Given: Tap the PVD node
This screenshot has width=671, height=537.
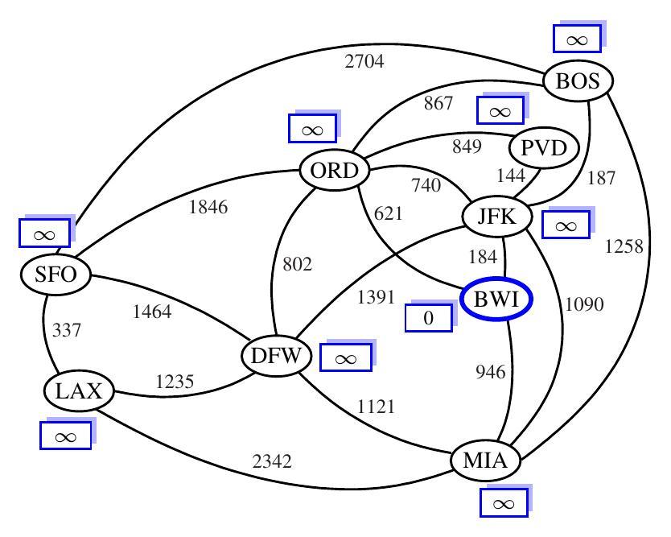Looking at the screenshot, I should pyautogui.click(x=545, y=148).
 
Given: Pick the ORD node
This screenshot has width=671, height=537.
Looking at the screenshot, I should pyautogui.click(x=334, y=171).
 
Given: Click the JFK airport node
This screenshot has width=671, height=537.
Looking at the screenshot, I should pyautogui.click(x=496, y=216).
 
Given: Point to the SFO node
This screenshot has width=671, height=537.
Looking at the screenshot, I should pyautogui.click(x=56, y=275).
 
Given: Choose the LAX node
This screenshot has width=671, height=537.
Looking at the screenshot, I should pyautogui.click(x=79, y=392).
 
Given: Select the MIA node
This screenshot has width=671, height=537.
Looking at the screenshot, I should pyautogui.click(x=485, y=462).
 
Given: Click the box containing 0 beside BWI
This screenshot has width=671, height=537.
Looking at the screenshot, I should pyautogui.click(x=428, y=318).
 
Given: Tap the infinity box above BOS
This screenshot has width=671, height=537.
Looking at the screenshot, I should pyautogui.click(x=577, y=38).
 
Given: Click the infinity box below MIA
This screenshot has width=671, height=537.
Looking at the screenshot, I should pyautogui.click(x=504, y=504).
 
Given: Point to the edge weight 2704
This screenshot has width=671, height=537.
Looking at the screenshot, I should pyautogui.click(x=364, y=61).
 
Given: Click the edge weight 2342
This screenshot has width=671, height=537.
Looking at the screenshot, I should pyautogui.click(x=271, y=462).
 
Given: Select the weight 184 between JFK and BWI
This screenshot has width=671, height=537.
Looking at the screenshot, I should pyautogui.click(x=484, y=258).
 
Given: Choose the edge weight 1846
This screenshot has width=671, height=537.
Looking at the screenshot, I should pyautogui.click(x=208, y=207).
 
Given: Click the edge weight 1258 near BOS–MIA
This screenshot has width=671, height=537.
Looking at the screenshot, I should pyautogui.click(x=624, y=246).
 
